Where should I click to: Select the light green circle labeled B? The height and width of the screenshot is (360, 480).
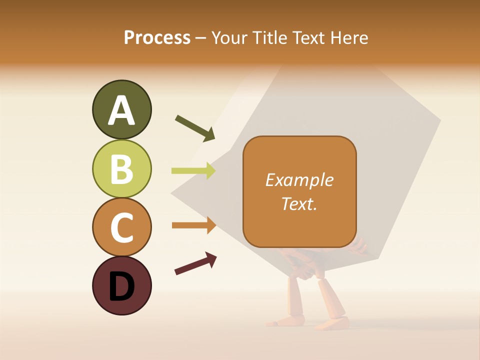pos(121,168)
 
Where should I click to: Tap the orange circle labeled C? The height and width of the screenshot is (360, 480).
pos(121,227)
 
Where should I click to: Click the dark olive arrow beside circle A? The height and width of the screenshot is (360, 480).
pos(195,127)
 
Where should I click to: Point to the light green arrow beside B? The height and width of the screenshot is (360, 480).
pos(193,171)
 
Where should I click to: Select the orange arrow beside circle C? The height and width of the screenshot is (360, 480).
pos(193,225)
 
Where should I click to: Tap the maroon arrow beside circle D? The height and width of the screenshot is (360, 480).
pos(195,263)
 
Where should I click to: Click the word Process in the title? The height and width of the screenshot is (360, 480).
pos(157,37)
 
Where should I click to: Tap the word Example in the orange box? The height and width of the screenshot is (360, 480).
pos(299,180)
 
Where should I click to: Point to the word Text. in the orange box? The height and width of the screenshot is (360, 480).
pos(299,203)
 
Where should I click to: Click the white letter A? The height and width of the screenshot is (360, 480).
pos(121,110)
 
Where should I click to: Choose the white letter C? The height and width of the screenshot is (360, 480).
pos(121,228)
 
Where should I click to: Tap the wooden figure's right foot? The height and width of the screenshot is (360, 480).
pos(332,324)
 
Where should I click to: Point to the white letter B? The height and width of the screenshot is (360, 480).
pos(121,169)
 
